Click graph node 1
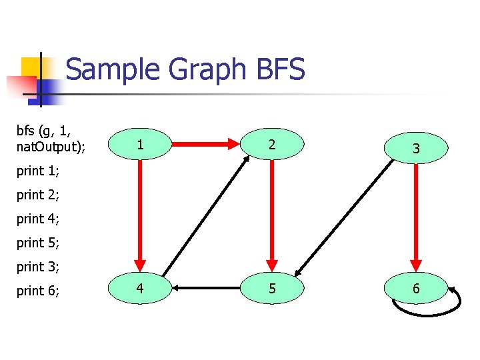coord(139,144)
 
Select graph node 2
coord(271,144)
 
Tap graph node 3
coord(415,148)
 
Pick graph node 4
coord(139,289)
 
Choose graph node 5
coord(271,289)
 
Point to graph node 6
coord(415,289)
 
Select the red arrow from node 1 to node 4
coord(140,213)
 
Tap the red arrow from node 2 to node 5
coord(271,213)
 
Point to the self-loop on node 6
coord(427,311)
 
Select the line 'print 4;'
coord(38,219)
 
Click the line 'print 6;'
coord(38,291)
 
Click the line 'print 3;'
coord(38,267)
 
